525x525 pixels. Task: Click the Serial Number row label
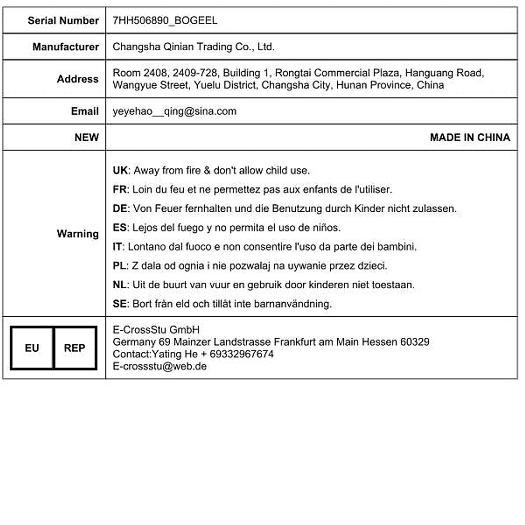63,21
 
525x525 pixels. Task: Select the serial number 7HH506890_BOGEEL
165,21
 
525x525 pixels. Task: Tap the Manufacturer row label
66,47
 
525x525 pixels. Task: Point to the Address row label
77,79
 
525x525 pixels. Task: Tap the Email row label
84,111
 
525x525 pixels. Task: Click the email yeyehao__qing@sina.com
174,111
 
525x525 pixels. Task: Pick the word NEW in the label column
86,137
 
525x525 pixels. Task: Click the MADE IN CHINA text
470,137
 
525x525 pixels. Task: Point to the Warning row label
77,234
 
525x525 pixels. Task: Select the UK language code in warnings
120,170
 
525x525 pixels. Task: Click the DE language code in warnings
120,209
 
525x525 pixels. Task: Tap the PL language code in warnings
119,266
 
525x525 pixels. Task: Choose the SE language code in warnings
119,304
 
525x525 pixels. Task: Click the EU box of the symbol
32,348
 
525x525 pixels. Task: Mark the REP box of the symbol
74,348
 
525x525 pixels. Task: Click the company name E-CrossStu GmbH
156,329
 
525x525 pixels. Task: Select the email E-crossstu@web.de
159,366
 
